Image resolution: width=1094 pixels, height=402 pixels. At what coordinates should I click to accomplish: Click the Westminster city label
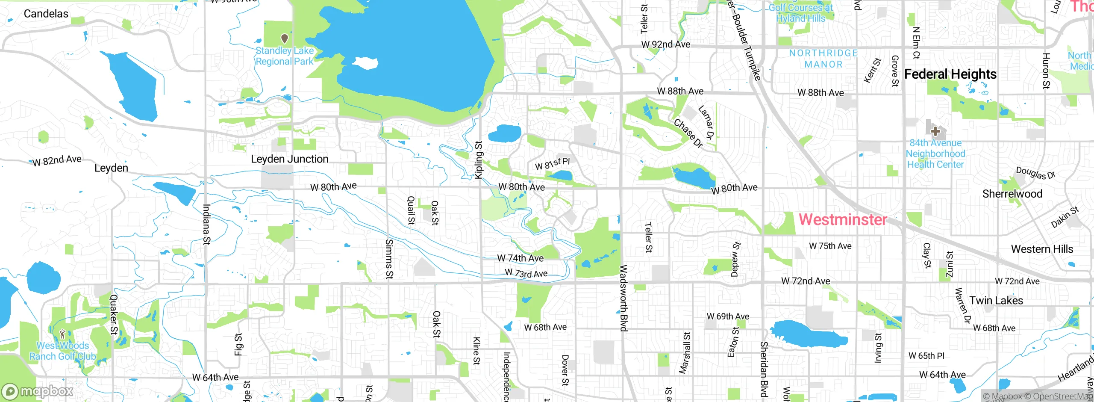click(x=843, y=219)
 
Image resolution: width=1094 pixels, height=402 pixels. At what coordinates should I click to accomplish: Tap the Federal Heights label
click(x=950, y=74)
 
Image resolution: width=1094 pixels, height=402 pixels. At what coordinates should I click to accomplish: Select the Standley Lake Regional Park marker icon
click(x=284, y=39)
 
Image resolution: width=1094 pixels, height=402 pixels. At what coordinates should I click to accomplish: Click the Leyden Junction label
click(x=289, y=159)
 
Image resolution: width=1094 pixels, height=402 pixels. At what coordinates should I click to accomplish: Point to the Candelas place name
click(x=46, y=14)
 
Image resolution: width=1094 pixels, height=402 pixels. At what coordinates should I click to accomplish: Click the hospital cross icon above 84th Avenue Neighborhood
click(x=935, y=131)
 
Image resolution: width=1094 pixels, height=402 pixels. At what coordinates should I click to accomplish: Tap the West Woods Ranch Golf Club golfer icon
click(x=62, y=334)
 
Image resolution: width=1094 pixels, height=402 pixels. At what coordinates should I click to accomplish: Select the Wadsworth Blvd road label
click(x=623, y=298)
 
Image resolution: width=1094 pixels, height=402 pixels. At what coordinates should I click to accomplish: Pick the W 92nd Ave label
click(x=665, y=44)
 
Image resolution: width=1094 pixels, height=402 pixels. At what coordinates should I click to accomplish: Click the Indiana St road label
click(x=206, y=224)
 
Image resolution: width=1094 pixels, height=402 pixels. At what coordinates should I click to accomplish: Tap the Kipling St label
click(x=479, y=160)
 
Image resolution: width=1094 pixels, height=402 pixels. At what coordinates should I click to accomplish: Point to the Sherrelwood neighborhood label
click(x=1012, y=194)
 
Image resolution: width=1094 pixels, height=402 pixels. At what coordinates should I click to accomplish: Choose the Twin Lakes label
click(x=996, y=301)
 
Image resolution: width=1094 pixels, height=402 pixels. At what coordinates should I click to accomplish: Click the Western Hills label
click(x=1042, y=249)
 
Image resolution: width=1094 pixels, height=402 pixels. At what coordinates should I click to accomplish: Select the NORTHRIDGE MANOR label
click(x=823, y=59)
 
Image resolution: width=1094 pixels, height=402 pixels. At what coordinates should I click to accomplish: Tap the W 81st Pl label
click(x=552, y=163)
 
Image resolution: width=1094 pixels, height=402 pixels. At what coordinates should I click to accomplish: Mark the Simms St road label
click(x=388, y=259)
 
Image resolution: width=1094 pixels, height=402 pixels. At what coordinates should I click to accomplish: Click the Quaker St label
click(x=113, y=314)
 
